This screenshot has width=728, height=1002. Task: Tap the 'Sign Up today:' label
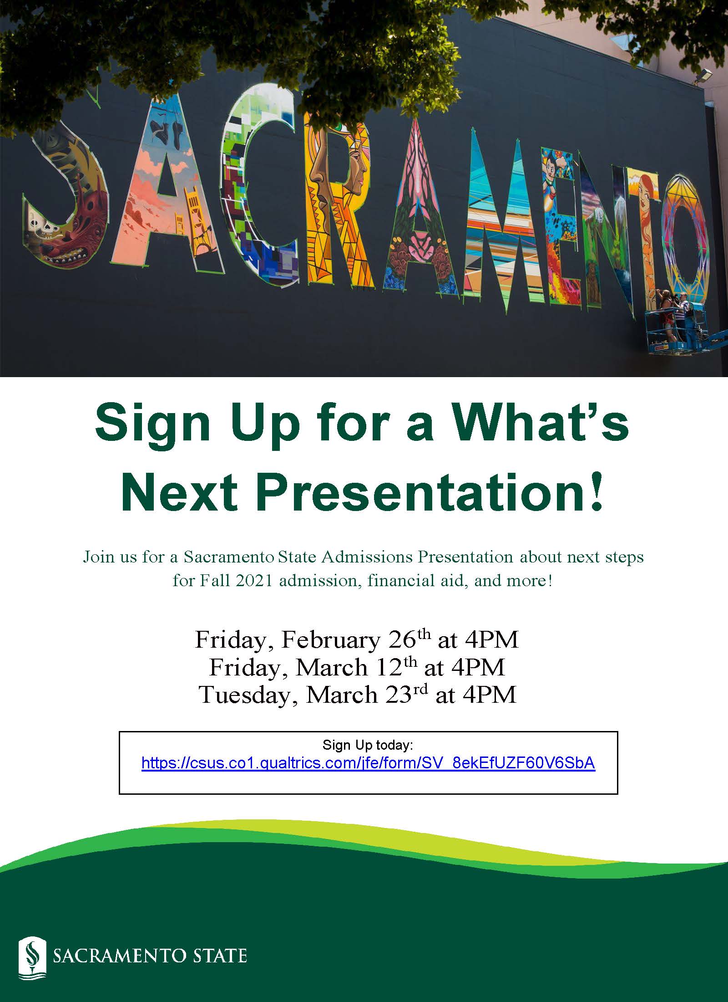(368, 745)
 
